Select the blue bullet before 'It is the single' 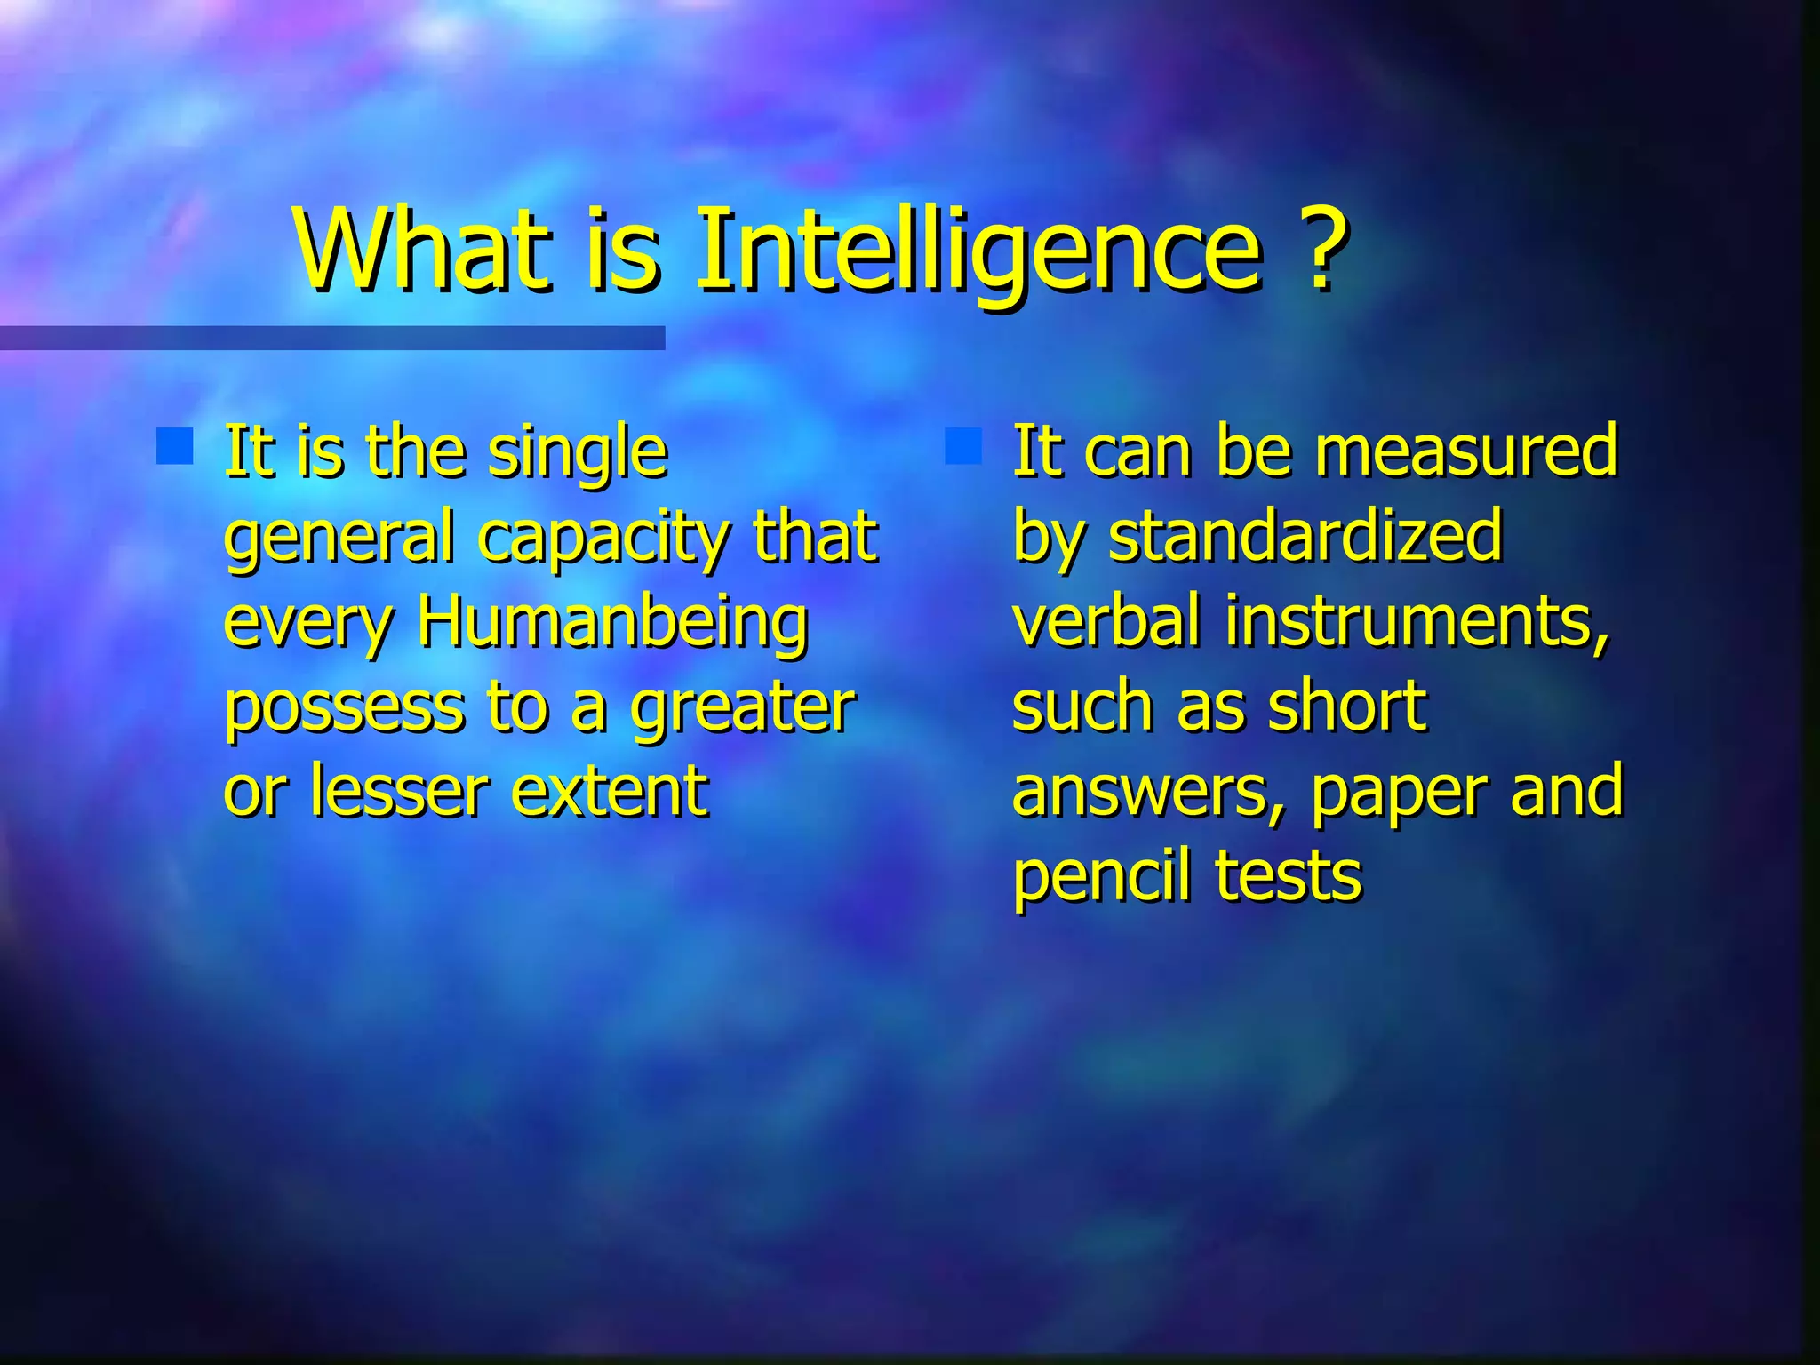[174, 447]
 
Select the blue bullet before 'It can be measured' [963, 447]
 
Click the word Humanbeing [613, 622]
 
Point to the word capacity [604, 539]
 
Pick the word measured [1466, 451]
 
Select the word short [1346, 706]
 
